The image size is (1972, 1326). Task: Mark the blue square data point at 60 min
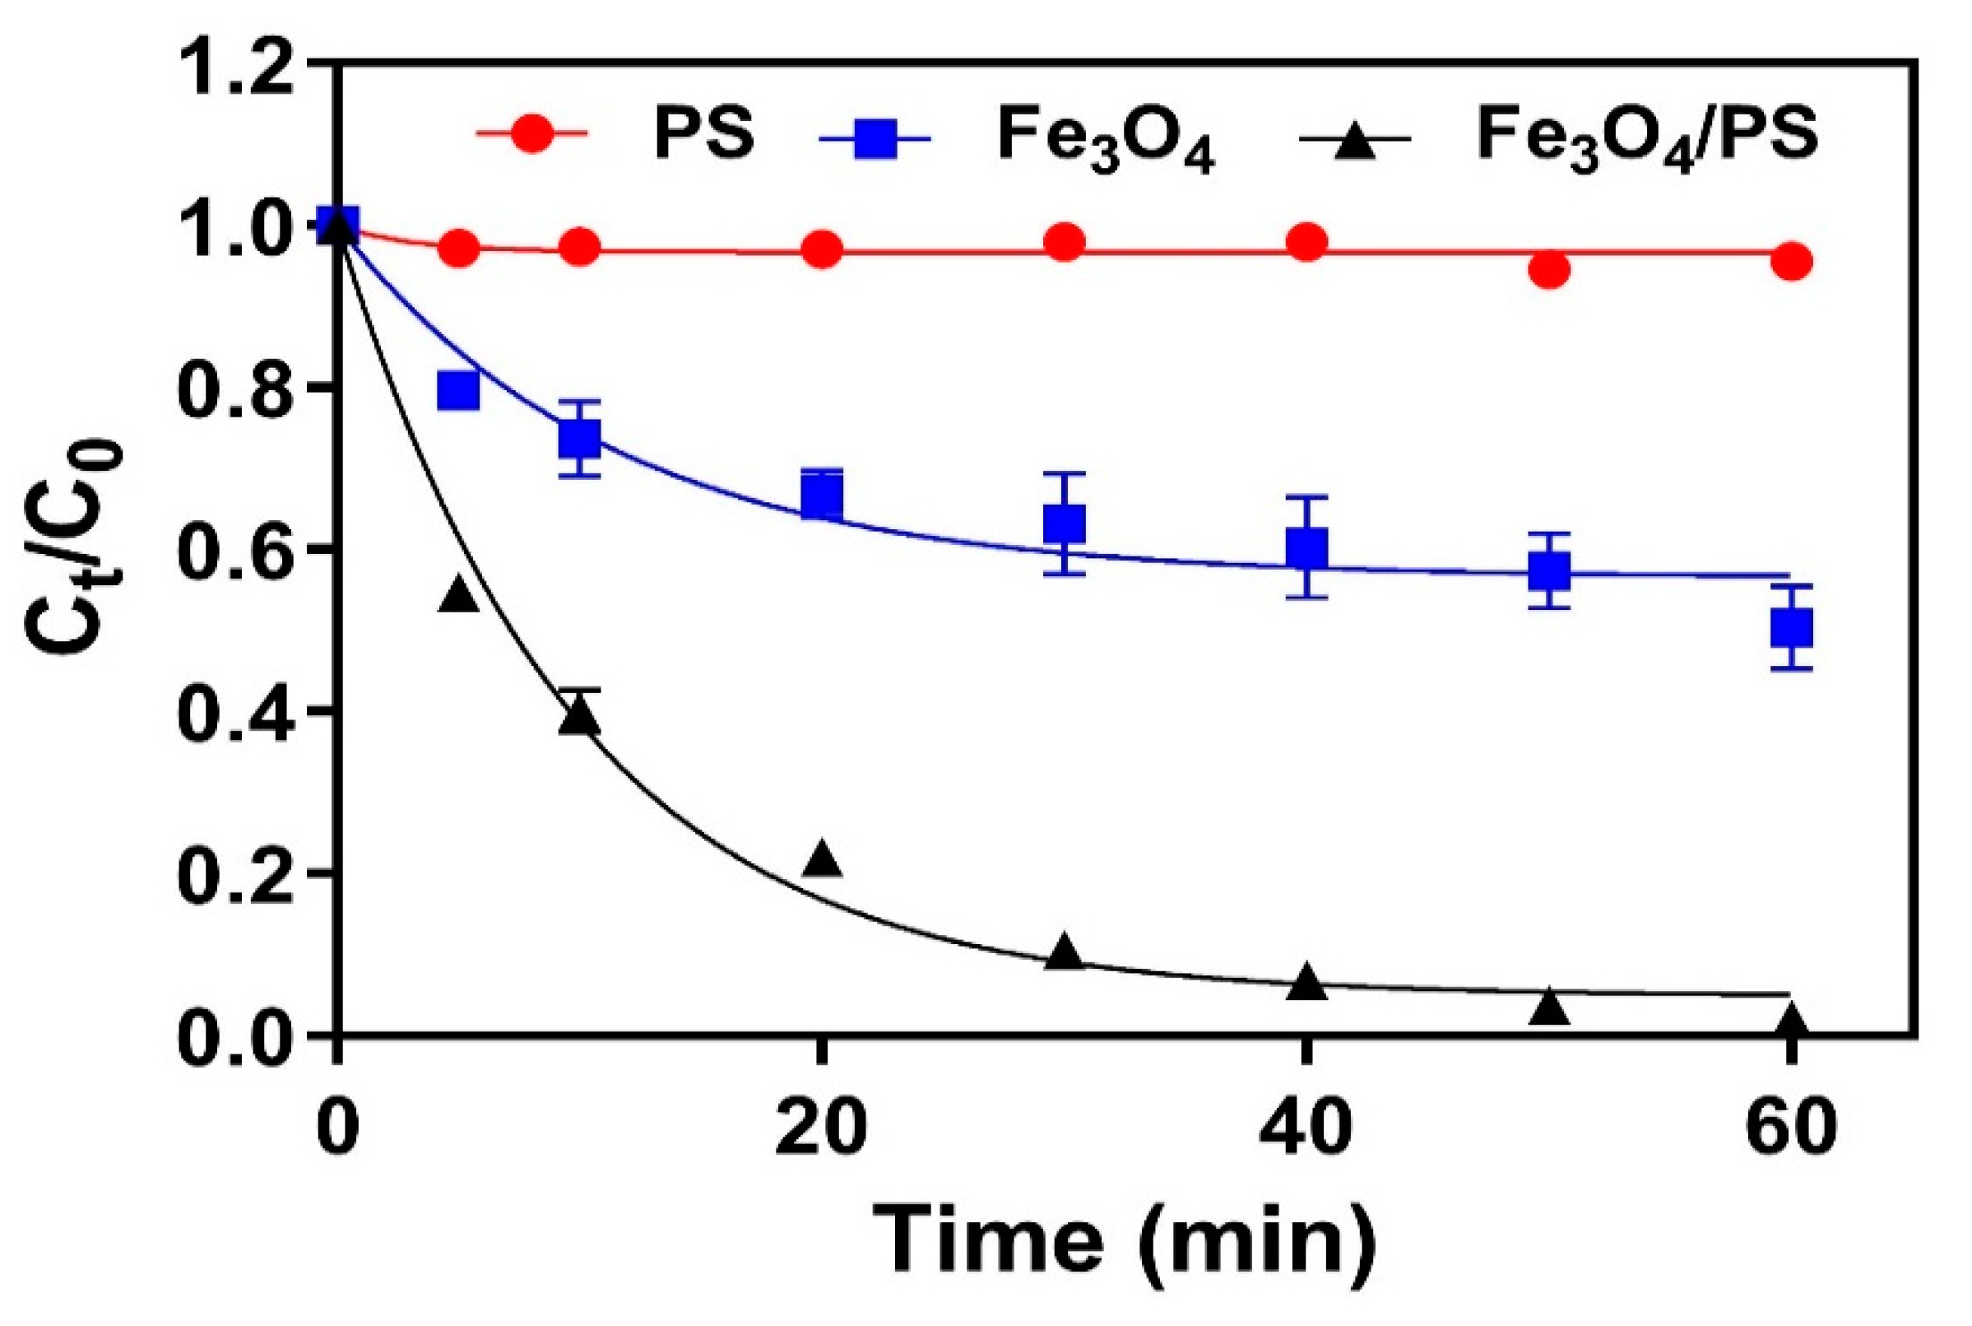coord(1790,627)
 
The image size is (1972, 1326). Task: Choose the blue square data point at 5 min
coord(458,391)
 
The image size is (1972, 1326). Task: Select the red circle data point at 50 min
coord(1548,271)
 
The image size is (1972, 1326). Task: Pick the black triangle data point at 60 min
coord(1790,1021)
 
